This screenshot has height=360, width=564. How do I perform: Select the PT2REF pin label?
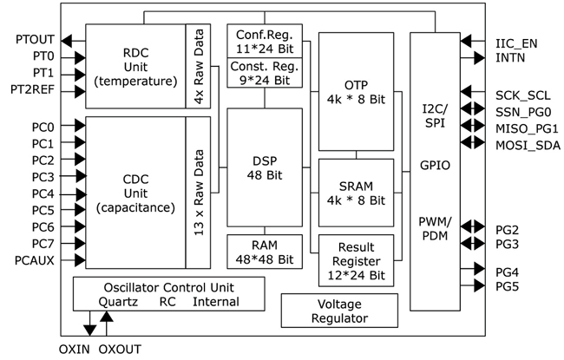point(31,89)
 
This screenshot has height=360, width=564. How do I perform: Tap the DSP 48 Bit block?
point(265,168)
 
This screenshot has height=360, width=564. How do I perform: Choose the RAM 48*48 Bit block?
point(265,251)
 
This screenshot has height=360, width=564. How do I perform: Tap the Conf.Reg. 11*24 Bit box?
point(265,41)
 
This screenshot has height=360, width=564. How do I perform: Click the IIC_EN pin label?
point(516,42)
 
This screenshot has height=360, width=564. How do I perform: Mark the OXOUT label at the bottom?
point(121,349)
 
